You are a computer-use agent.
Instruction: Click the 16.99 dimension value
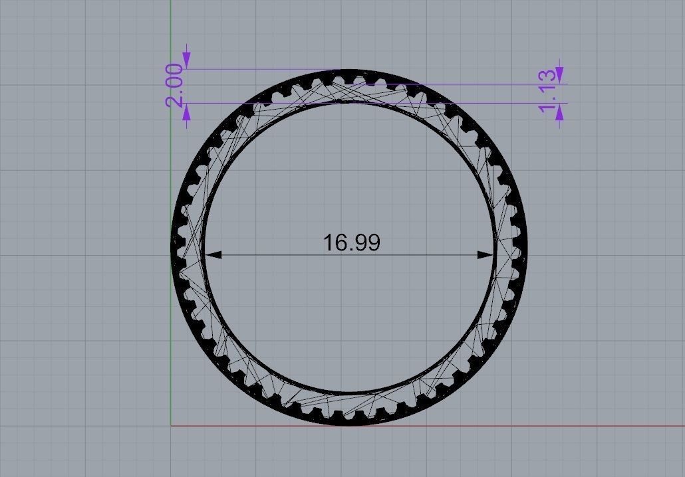click(351, 242)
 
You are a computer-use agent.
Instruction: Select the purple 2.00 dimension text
click(174, 85)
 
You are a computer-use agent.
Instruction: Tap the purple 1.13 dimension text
click(547, 90)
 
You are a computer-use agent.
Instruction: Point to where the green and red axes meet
click(171, 426)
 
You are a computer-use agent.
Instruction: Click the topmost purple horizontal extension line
click(266, 68)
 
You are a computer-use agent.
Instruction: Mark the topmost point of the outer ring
click(350, 70)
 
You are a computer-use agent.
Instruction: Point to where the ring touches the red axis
click(350, 425)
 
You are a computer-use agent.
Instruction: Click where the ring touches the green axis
click(172, 247)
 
